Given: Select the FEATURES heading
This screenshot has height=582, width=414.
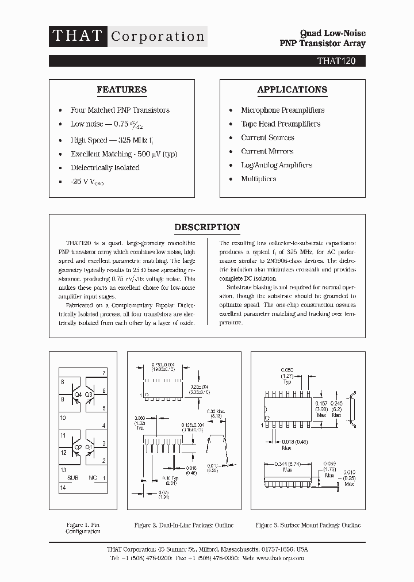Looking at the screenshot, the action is coord(121,90).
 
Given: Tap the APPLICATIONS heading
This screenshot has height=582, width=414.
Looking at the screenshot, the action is coord(292,90).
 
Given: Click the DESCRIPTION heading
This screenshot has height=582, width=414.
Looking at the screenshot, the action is coord(207,227).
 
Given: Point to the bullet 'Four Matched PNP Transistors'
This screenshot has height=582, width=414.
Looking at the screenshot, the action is coord(120,110).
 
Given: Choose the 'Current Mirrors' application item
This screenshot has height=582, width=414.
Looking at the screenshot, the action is coord(267,151).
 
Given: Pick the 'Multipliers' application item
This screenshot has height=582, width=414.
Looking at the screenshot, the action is coord(258,179).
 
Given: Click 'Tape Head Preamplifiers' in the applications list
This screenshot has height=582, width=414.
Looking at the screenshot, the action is coord(281,124).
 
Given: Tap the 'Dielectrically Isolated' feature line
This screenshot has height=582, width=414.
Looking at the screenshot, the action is coord(105,167).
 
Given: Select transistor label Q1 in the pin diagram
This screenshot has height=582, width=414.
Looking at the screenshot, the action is coord(89,447).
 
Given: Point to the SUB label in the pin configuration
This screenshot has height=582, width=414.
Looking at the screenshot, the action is coord(73,478).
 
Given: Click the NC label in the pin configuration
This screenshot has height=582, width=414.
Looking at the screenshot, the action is coord(92,478).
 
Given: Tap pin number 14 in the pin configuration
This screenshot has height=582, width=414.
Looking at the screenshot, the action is coord(63,488).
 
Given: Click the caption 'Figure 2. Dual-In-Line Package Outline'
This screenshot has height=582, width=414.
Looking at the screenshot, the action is coord(184,525).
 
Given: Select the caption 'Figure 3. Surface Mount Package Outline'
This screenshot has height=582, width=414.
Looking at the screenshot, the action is coord(308,525).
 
